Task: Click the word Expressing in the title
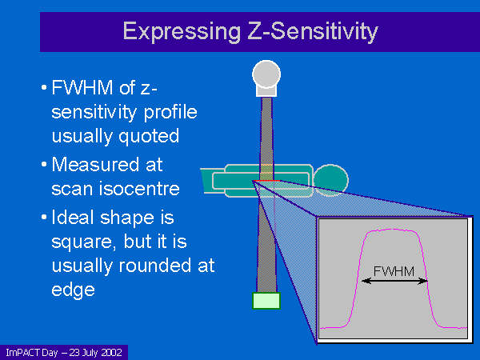pos(182,32)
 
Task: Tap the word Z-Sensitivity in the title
pos(313,31)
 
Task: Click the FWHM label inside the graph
pos(394,271)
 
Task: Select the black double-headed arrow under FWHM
pos(394,281)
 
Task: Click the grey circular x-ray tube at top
pos(266,74)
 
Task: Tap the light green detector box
pos(266,301)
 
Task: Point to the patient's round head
pos(331,181)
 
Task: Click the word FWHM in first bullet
pos(82,87)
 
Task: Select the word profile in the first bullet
pos(170,113)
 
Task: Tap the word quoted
pos(149,137)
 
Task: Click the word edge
pos(73,290)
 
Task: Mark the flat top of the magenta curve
pos(393,230)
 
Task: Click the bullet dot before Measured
pos(44,165)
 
